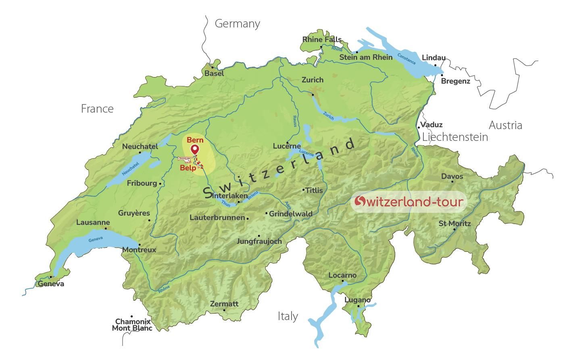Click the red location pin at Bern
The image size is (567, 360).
pyautogui.click(x=195, y=149)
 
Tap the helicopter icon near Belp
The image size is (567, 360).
pyautogui.click(x=184, y=159)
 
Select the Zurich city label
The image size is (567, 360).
pyautogui.click(x=313, y=80)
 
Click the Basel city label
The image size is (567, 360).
pyautogui.click(x=214, y=73)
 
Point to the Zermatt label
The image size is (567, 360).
pyautogui.click(x=224, y=304)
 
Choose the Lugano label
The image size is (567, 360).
pyautogui.click(x=358, y=300)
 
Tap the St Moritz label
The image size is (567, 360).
pyautogui.click(x=454, y=224)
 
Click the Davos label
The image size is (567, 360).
pyautogui.click(x=452, y=176)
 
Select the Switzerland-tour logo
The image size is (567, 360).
pyautogui.click(x=409, y=201)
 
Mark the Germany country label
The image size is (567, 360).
pyautogui.click(x=237, y=24)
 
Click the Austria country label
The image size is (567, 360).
pyautogui.click(x=505, y=126)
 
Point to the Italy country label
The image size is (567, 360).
pyautogui.click(x=288, y=316)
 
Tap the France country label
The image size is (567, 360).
pyautogui.click(x=97, y=109)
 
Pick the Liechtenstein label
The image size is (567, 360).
pyautogui.click(x=455, y=137)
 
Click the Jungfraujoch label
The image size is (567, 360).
pyautogui.click(x=259, y=241)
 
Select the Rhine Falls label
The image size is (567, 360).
pyautogui.click(x=322, y=40)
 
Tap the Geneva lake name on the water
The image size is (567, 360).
pyautogui.click(x=96, y=239)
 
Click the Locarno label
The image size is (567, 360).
pyautogui.click(x=342, y=275)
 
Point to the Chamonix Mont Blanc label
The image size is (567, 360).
pyautogui.click(x=132, y=325)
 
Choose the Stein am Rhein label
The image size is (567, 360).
pyautogui.click(x=366, y=57)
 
